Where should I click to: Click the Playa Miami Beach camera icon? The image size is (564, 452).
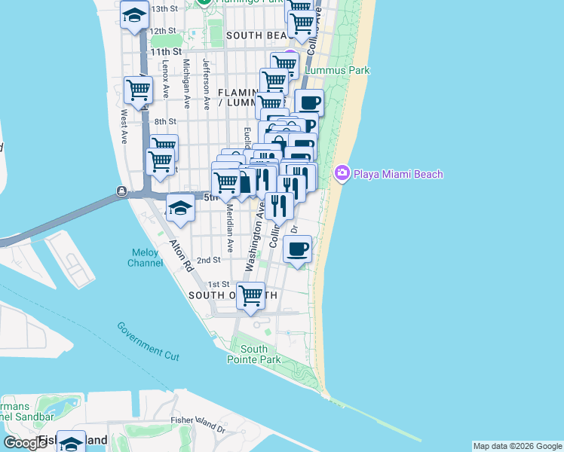tap(342, 174)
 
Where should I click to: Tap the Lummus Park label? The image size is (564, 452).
tap(337, 70)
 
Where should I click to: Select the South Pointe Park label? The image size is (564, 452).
tap(254, 354)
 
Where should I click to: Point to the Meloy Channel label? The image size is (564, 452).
tap(145, 258)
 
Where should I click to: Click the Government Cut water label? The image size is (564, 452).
tap(148, 339)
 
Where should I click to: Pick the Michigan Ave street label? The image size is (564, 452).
tap(185, 77)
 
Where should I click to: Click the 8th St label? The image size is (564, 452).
tap(165, 121)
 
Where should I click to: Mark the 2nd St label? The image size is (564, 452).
tap(208, 260)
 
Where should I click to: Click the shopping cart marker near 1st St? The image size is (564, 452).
tap(250, 295)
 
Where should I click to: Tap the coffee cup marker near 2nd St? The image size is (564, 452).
tap(298, 249)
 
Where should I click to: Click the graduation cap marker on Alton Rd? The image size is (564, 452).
tap(180, 209)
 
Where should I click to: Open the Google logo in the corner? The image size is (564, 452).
tap(24, 442)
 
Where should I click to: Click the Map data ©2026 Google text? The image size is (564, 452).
tap(516, 446)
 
